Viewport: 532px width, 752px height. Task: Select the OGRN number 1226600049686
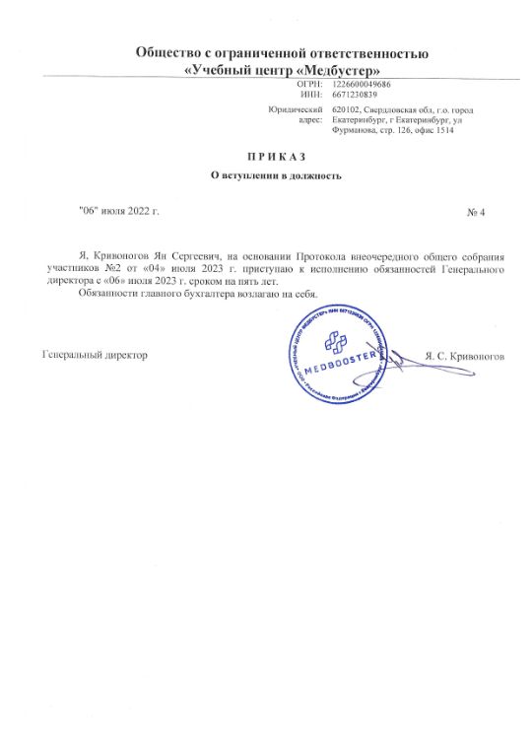click(x=364, y=86)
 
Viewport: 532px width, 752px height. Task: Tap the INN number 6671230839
click(x=357, y=96)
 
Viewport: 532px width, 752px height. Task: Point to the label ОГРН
click(x=310, y=86)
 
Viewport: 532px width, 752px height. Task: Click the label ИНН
click(x=312, y=96)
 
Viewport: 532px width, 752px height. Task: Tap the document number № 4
click(x=476, y=213)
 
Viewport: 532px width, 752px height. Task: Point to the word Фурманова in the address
click(x=358, y=131)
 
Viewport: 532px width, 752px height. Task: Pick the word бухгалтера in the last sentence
click(x=201, y=294)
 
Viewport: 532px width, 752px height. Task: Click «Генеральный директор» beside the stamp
click(x=95, y=354)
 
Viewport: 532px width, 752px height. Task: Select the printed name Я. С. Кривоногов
click(x=463, y=355)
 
